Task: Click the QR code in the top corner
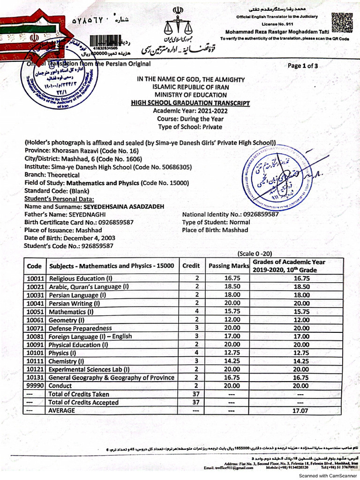click(x=340, y=22)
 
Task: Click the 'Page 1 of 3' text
click(x=303, y=66)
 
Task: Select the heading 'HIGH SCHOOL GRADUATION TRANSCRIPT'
click(x=190, y=103)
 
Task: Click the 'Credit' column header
click(x=192, y=266)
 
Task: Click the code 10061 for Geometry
click(x=35, y=320)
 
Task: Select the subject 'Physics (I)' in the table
click(x=62, y=353)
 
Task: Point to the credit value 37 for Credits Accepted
click(x=196, y=402)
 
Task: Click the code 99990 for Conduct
click(x=35, y=386)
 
